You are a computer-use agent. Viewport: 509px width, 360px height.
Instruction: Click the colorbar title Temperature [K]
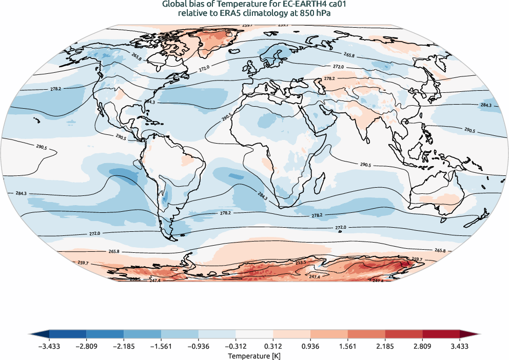click(254, 355)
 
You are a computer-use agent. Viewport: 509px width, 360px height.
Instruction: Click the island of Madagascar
click(321, 182)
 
